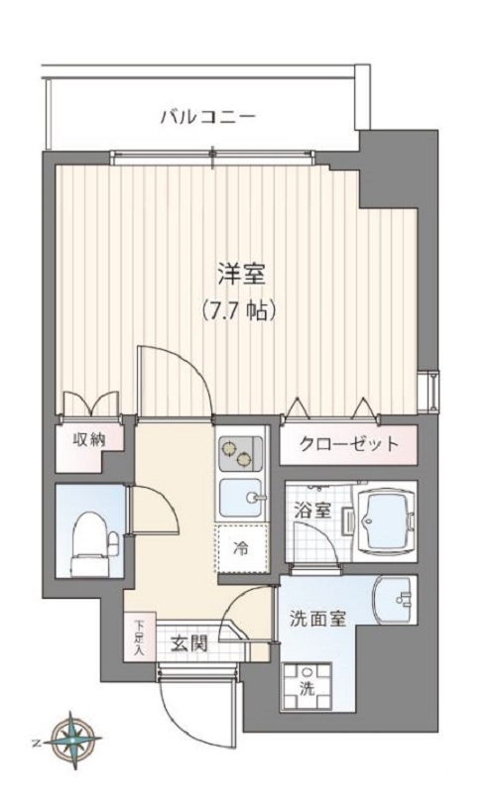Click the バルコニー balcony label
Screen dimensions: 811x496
coord(208,117)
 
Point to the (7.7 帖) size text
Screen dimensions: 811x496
coord(241,308)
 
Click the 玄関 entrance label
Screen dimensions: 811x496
coord(187,643)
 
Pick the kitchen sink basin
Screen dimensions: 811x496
coord(240,496)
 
